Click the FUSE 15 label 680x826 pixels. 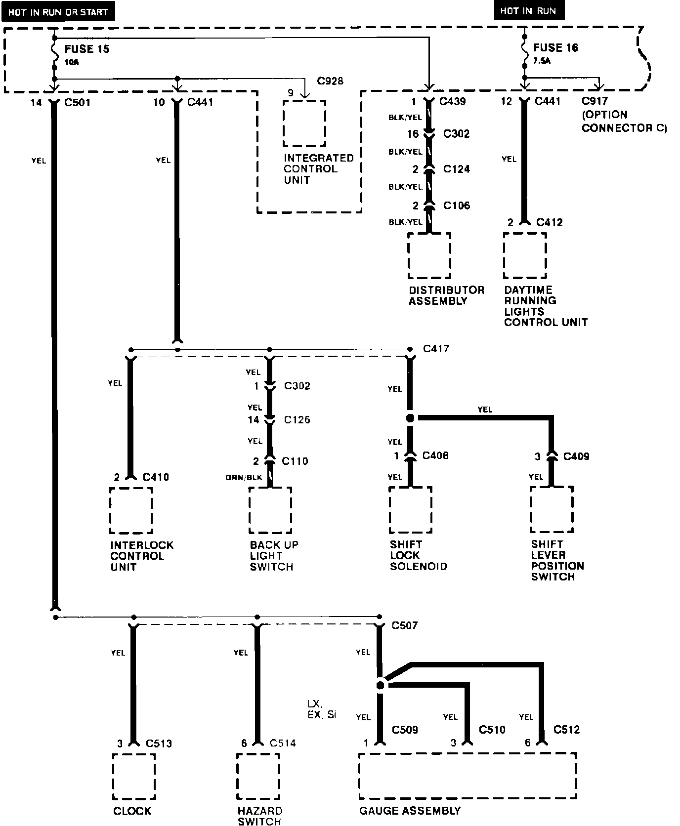click(87, 49)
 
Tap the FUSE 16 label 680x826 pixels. click(555, 48)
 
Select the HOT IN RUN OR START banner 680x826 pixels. click(58, 12)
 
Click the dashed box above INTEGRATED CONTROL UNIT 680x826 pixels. click(304, 124)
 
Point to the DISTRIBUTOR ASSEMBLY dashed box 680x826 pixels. click(429, 255)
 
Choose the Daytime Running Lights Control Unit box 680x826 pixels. click(525, 255)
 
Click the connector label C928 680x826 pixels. click(330, 81)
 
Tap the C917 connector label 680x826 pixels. click(595, 102)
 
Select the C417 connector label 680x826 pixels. click(436, 349)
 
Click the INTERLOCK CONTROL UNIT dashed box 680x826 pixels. click(131, 510)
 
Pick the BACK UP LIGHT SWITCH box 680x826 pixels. click(270, 510)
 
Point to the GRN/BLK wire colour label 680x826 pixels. click(244, 477)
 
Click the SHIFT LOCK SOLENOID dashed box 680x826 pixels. click(410, 510)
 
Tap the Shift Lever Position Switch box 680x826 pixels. click(552, 510)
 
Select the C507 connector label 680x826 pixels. click(404, 625)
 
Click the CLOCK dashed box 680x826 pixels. click(133, 776)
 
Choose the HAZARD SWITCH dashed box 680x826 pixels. click(257, 776)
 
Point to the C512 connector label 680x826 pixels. click(566, 729)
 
